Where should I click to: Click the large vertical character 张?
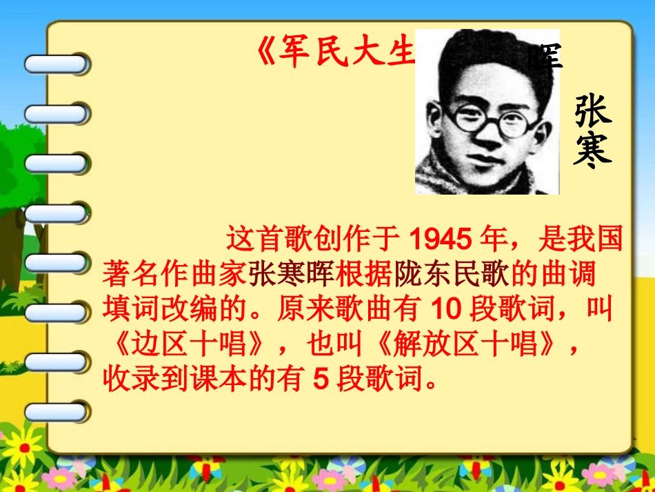coord(593,112)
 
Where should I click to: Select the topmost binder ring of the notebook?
coord(57,65)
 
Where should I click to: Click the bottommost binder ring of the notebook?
coord(57,413)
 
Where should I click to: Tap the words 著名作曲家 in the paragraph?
coord(174,275)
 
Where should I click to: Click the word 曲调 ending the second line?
coord(575,275)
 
